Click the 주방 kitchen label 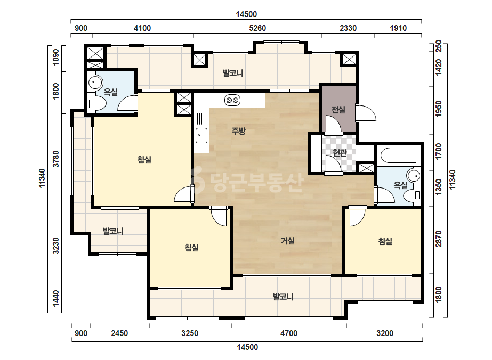[x=238, y=131]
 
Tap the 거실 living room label [x=287, y=241]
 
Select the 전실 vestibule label [x=338, y=110]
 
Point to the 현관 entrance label [x=340, y=153]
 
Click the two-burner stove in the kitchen [x=232, y=100]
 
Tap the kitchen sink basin [x=201, y=135]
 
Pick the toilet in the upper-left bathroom [x=96, y=103]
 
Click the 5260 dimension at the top [x=257, y=28]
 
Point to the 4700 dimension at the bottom [x=289, y=333]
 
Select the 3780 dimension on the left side [x=56, y=159]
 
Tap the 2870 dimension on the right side [x=439, y=239]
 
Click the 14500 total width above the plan [x=246, y=14]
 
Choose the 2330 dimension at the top [x=348, y=28]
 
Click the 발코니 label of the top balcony [x=233, y=73]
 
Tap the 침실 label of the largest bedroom [x=144, y=160]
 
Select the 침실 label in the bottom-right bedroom [x=385, y=241]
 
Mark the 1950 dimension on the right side [x=439, y=109]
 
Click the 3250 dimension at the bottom [x=190, y=333]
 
